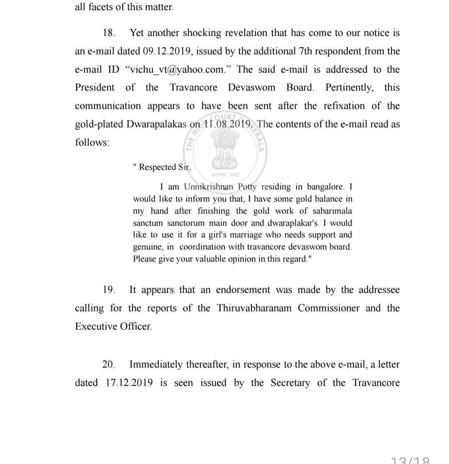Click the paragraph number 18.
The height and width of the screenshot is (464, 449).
click(x=109, y=33)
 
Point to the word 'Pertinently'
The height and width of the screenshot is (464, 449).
click(x=349, y=88)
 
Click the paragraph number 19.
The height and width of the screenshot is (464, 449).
click(x=109, y=290)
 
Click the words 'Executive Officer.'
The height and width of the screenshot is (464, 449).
click(x=113, y=326)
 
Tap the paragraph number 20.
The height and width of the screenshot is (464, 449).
click(x=108, y=364)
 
